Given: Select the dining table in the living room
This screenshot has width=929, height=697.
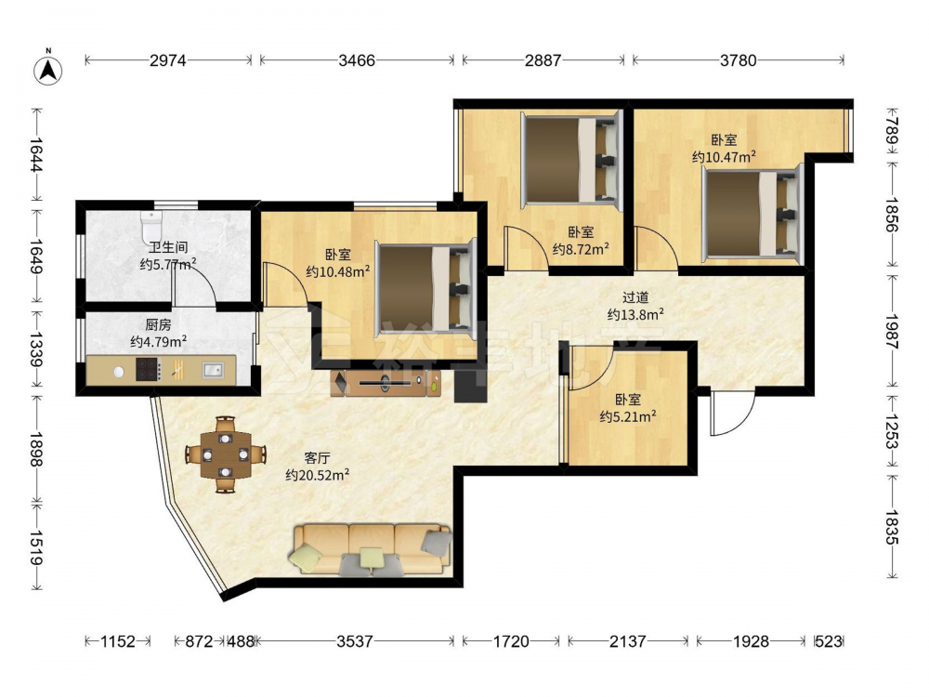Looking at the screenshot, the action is pos(225,454).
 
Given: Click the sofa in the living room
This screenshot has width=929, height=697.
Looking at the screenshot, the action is pos(371,549).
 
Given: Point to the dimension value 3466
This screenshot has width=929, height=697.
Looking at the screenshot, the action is pos(357,59).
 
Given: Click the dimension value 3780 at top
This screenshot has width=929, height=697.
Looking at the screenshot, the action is pos(739,59).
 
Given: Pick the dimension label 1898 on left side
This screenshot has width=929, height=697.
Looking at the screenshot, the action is pos(36,450).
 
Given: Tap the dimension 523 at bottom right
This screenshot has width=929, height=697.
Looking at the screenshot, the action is pos(829,641).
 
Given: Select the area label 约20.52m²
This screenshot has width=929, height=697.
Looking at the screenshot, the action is pos(317,475).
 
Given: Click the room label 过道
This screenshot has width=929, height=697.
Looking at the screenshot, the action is pos(635,297).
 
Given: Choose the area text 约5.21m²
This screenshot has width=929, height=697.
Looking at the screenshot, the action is pos(627,416).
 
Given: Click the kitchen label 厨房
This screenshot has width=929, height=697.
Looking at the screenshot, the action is pos(158,324).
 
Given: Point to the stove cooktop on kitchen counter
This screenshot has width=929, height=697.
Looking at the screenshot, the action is pos(148,369).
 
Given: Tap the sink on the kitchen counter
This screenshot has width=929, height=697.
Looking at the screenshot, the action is pos(213,370).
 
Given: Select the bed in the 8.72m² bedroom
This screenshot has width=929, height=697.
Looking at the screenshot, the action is pos(571,161).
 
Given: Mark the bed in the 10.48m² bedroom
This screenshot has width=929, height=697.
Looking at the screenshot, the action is pos(426,288).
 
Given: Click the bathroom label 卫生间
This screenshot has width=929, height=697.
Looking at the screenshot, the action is pos(168,247).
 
